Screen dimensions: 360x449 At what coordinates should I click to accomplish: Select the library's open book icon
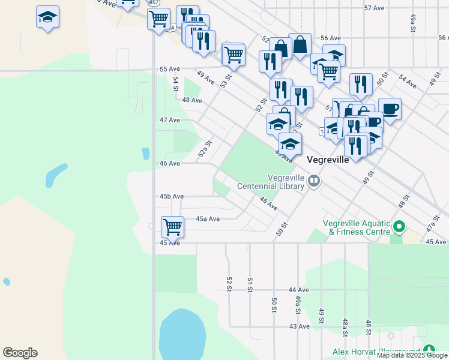pos(313,181)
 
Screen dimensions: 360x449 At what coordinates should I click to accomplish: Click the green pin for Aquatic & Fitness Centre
pos(399,227)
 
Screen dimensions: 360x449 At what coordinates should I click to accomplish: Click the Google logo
pos(20,353)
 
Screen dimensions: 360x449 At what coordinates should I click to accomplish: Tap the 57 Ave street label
pos(374,8)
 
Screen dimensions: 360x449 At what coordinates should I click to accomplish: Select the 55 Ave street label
pos(170,70)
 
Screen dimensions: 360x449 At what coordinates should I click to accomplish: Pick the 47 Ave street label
pos(170,120)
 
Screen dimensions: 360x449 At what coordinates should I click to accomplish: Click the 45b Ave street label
pos(172,196)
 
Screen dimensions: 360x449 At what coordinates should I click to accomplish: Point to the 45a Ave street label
pos(208,219)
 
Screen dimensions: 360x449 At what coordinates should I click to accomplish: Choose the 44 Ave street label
pos(298,290)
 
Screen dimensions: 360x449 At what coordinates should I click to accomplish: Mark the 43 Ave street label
pos(299,326)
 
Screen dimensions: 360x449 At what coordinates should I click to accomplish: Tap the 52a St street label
pos(206,148)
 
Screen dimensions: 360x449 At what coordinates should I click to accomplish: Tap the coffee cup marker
pos(390,109)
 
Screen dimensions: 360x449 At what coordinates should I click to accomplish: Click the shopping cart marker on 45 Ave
pos(172,227)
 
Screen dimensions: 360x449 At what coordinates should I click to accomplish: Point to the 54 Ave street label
pos(408,82)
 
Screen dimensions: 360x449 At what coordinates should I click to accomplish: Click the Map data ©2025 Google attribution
pos(412,355)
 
